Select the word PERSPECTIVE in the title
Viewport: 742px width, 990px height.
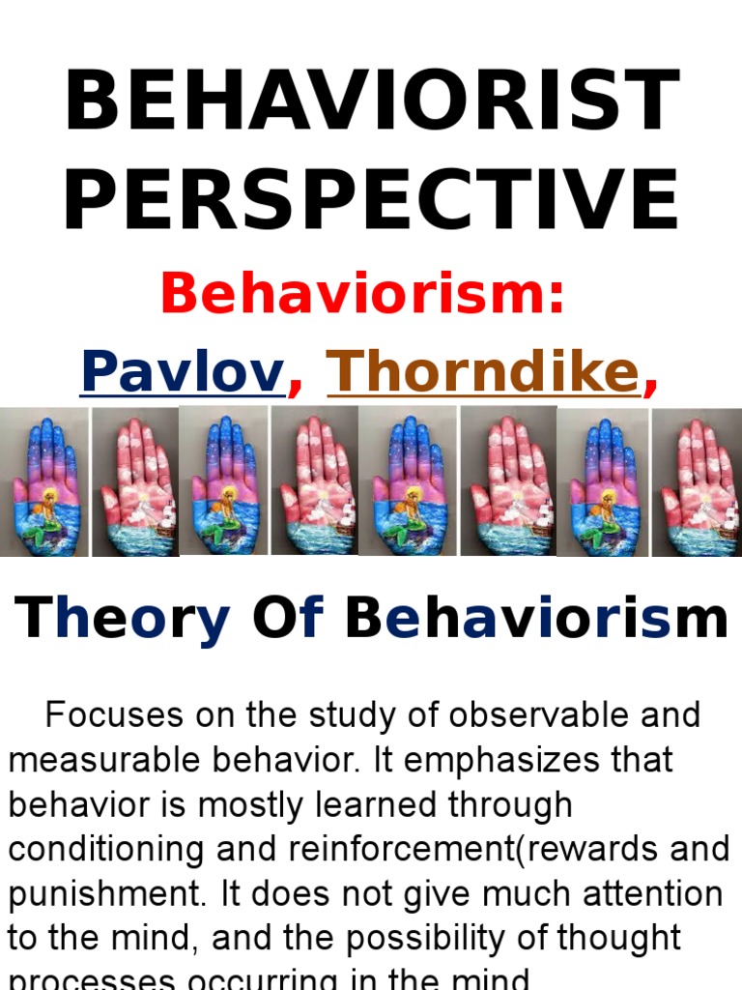click(371, 200)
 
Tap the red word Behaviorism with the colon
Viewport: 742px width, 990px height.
click(362, 294)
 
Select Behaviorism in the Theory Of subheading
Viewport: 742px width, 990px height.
click(536, 619)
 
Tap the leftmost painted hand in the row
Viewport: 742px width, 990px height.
click(44, 481)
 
